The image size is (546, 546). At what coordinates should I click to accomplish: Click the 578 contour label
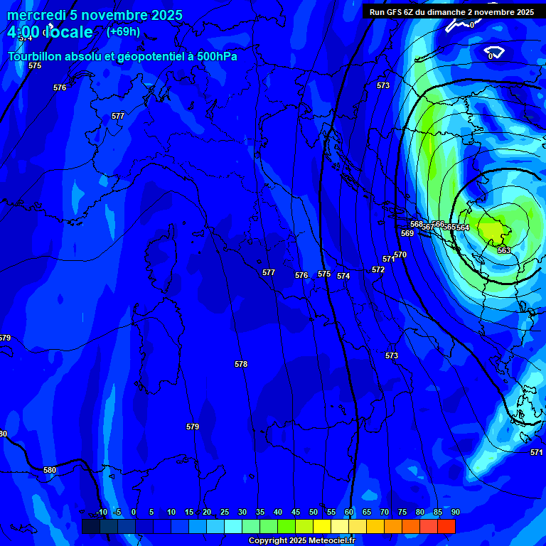241,364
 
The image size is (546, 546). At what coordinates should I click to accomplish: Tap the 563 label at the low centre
504,250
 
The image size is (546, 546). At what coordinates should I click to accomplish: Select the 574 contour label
343,276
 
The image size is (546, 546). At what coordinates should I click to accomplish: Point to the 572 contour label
378,269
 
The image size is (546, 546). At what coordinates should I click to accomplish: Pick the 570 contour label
400,255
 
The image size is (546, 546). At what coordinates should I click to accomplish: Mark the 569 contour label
407,233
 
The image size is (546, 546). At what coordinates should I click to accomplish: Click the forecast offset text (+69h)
123,31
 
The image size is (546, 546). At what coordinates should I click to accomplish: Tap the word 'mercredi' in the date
36,15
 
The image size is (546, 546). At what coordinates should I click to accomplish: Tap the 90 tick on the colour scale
455,512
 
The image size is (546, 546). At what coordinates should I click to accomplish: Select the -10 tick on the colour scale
101,512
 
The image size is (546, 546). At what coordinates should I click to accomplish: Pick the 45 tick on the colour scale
296,512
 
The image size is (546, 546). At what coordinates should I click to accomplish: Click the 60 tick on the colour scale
349,512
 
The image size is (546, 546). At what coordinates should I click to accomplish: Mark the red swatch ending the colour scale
446,526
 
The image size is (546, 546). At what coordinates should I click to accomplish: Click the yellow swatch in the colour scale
322,526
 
